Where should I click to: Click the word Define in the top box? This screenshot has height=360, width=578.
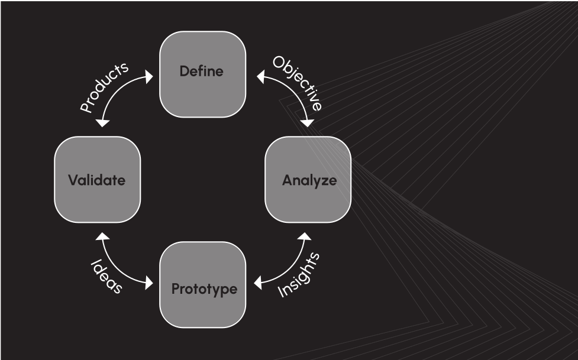click(x=201, y=71)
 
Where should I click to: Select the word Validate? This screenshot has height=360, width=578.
click(x=96, y=180)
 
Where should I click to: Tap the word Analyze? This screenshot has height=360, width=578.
click(x=309, y=180)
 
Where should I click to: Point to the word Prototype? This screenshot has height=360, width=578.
click(x=204, y=289)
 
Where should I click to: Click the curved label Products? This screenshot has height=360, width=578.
click(x=104, y=87)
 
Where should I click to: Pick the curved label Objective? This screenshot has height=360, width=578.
click(x=298, y=83)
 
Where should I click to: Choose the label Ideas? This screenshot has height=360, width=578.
click(x=106, y=276)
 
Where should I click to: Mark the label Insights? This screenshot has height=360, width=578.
click(x=299, y=275)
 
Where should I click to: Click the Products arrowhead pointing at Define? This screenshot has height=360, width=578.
click(x=149, y=77)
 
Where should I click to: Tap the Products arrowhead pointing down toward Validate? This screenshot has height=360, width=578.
click(x=102, y=123)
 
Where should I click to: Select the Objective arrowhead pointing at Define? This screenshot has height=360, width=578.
click(x=261, y=77)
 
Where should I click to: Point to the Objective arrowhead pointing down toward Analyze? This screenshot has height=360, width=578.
click(x=307, y=123)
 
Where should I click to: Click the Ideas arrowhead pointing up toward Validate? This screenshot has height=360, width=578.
click(x=102, y=236)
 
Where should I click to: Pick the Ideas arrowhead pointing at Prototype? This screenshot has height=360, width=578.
click(x=149, y=283)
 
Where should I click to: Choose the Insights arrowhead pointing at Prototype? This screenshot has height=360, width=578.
click(x=258, y=283)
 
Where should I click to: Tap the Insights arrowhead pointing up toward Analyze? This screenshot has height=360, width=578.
click(x=305, y=236)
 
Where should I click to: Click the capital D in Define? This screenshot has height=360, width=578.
click(x=185, y=71)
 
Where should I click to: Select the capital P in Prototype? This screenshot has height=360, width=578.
click(x=176, y=289)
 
